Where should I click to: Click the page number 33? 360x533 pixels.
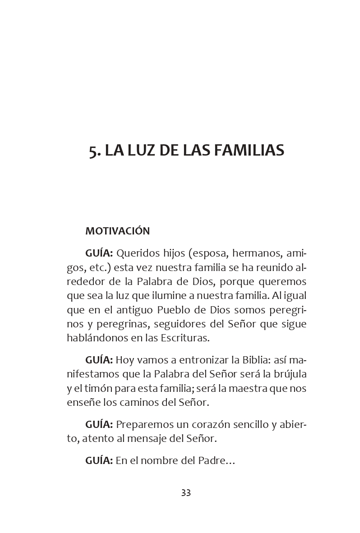(186, 492)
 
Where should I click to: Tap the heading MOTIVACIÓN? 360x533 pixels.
(117, 231)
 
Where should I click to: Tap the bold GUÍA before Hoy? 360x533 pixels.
(99, 360)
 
